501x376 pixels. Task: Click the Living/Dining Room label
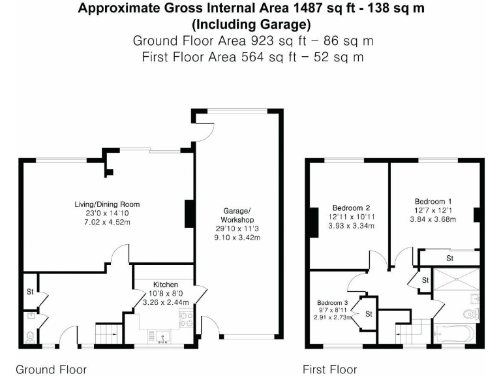(x=107, y=204)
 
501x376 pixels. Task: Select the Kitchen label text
(x=166, y=285)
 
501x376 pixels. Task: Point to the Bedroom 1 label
(x=432, y=202)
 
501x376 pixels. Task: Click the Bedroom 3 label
(x=333, y=303)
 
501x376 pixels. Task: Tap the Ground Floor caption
(x=51, y=369)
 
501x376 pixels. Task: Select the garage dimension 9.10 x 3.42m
(x=237, y=238)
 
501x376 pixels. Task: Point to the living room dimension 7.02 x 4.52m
(x=107, y=222)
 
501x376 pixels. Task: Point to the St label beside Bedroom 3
(x=369, y=314)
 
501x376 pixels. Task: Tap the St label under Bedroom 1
(x=449, y=258)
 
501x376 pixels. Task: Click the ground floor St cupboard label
(x=30, y=292)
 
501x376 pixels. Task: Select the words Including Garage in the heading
(x=250, y=25)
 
